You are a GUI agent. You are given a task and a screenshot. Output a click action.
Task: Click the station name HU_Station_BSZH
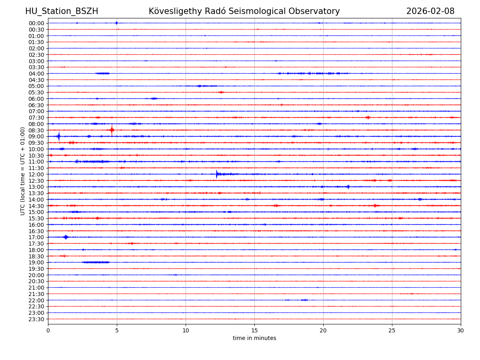pos(62,11)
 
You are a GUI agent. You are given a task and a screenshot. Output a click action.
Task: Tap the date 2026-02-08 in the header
pos(430,11)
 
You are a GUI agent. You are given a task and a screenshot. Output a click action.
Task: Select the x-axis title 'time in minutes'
pos(254,338)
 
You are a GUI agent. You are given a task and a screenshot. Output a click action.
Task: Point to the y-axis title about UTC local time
pos(23,171)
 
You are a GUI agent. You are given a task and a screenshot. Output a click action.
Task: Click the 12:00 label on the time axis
pos(36,174)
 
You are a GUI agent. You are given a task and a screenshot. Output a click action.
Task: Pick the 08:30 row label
pos(36,130)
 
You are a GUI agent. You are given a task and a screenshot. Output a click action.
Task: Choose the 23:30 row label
pos(36,319)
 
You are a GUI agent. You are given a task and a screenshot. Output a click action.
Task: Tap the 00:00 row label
pos(36,23)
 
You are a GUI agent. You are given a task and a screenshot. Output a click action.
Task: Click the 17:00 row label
pos(36,237)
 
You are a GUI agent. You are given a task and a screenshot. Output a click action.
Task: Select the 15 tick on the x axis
pos(254,330)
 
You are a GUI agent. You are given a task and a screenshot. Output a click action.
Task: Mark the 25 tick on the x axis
pos(392,330)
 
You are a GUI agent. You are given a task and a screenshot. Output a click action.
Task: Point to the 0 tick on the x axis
pos(48,330)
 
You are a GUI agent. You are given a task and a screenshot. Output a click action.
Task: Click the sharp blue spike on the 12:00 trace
pos(217,174)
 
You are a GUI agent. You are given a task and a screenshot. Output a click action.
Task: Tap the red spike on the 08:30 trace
pos(112,130)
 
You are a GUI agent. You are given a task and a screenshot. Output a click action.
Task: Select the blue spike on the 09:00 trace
pos(59,136)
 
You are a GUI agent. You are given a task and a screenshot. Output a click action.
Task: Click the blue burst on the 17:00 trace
pos(66,237)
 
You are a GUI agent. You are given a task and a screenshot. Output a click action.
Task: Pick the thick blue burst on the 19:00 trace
pos(96,262)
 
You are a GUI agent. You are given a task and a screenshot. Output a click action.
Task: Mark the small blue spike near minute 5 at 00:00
pos(116,23)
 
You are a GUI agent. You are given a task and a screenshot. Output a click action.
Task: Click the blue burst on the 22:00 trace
pos(304,300)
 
